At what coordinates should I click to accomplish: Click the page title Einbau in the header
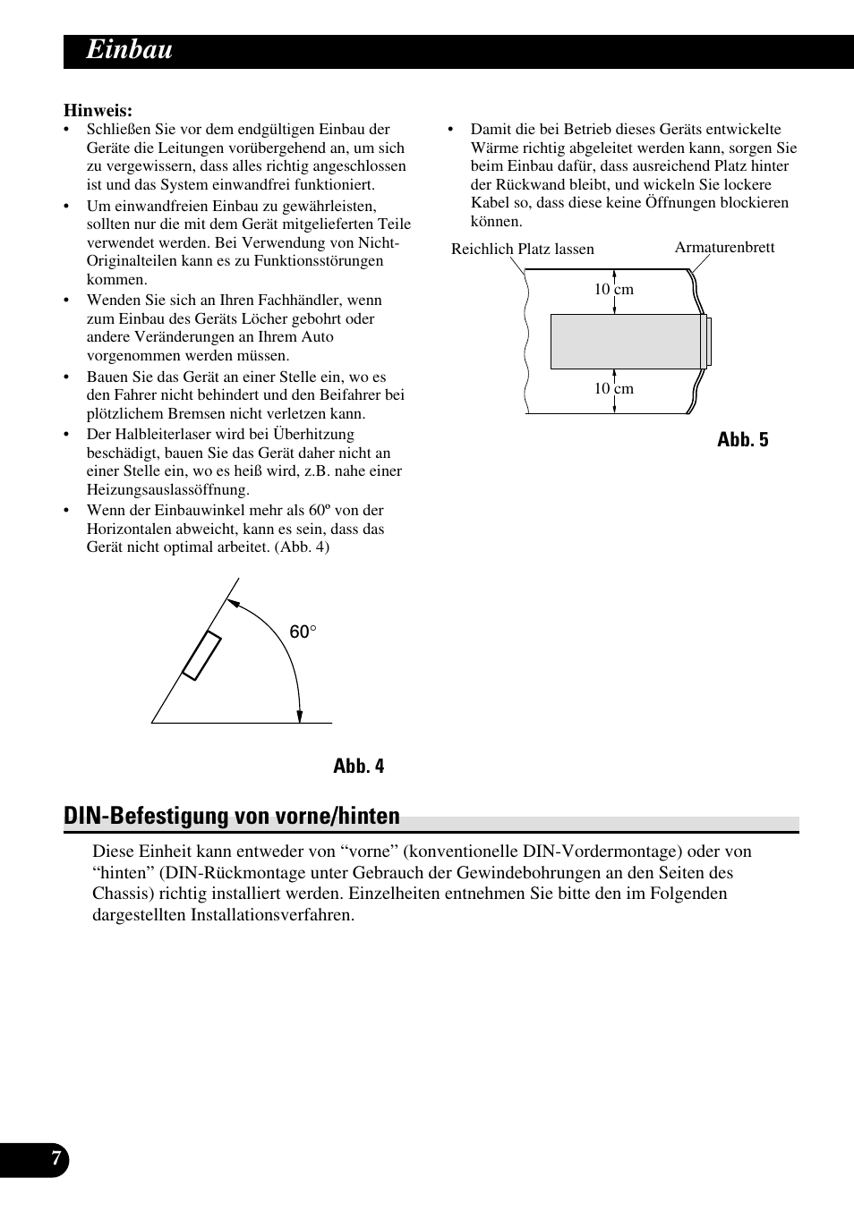[129, 51]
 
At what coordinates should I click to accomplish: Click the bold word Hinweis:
[98, 111]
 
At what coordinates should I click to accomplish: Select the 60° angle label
[303, 632]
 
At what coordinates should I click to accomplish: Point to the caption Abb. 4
[358, 767]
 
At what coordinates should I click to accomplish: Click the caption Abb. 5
[742, 439]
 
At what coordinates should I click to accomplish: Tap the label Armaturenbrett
[724, 248]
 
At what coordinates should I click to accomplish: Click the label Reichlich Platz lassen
[522, 250]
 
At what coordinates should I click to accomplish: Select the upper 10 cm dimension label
[614, 290]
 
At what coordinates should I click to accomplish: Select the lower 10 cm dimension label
[614, 389]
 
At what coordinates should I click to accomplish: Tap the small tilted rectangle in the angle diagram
[202, 656]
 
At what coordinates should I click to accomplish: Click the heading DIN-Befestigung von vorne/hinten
[232, 816]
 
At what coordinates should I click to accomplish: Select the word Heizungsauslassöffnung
[167, 490]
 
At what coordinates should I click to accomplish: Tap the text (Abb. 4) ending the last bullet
[302, 547]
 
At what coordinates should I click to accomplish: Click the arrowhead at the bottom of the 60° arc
[300, 716]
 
